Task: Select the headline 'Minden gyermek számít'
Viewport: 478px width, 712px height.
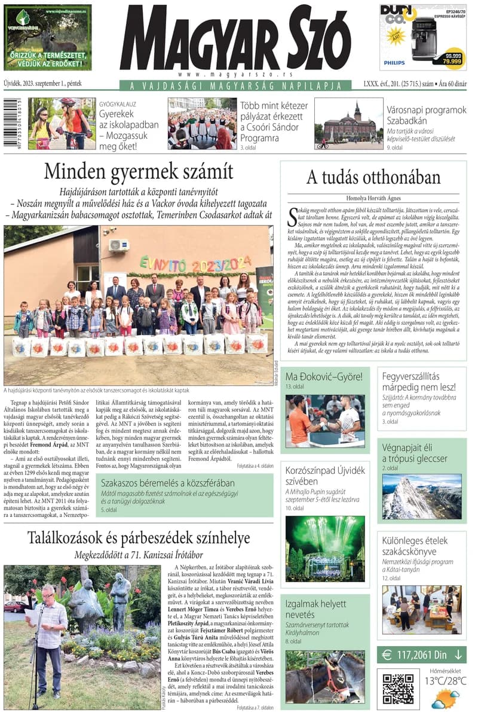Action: [x=139, y=172]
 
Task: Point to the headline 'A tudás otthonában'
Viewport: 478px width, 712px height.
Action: [x=373, y=178]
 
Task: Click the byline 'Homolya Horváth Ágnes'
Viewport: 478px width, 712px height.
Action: [x=373, y=198]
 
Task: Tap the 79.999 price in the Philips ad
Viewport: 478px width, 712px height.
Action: [x=452, y=61]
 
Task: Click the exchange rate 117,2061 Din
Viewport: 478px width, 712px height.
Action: [x=422, y=655]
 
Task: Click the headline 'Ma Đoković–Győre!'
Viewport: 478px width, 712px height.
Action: [x=324, y=377]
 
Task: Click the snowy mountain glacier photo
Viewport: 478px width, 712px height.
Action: [x=422, y=497]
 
